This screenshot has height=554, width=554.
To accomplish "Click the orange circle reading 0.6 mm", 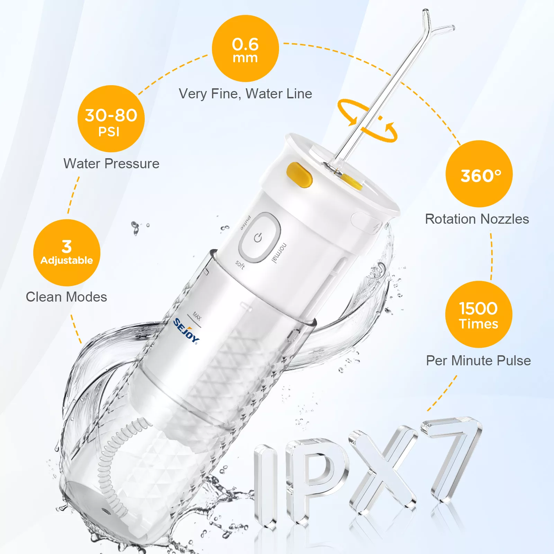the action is pos(245,48).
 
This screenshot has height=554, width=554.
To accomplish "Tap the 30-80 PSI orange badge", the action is pos(111,119).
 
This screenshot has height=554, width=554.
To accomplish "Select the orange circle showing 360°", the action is pos(479,174).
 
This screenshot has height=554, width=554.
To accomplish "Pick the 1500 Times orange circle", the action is pos(479,314).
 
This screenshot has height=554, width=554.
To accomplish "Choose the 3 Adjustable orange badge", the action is pos(67,253).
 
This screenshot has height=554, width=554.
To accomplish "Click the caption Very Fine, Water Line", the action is pos(245,94).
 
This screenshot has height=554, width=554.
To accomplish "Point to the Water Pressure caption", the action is pos(111,163).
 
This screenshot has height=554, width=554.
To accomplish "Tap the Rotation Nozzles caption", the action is pos(477,219).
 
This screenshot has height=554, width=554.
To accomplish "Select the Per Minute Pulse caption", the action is pos(478,360).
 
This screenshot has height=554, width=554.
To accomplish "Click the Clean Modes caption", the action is pos(66,297).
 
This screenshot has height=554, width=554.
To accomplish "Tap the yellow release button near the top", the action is pos(300,175).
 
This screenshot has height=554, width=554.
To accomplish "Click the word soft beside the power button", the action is pos(240,265).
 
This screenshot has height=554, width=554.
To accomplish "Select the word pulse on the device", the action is pos(246,223).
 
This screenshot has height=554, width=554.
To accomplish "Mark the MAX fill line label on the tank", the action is pos(197,316).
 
